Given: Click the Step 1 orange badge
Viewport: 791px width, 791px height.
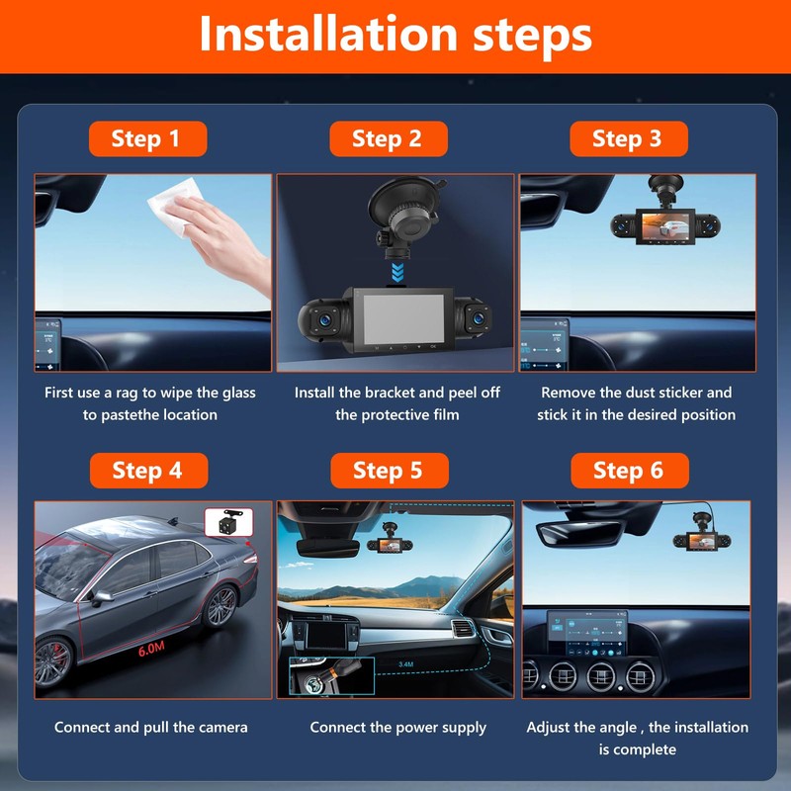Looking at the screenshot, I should pos(146,138).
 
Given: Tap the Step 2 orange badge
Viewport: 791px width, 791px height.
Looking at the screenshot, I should pos(388,138).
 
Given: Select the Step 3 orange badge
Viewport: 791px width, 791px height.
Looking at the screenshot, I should pos(628,138).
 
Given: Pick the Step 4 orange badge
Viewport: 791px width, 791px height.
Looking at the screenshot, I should pos(147,470).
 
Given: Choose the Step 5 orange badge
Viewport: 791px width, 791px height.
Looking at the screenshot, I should pos(389,470).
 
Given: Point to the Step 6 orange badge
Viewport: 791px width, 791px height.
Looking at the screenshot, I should pos(629,470).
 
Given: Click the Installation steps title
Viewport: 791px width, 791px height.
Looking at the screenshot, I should pos(395,35).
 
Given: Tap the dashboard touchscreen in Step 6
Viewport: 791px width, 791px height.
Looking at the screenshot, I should pos(586,630).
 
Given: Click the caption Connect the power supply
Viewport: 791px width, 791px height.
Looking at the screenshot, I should pos(397,728).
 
